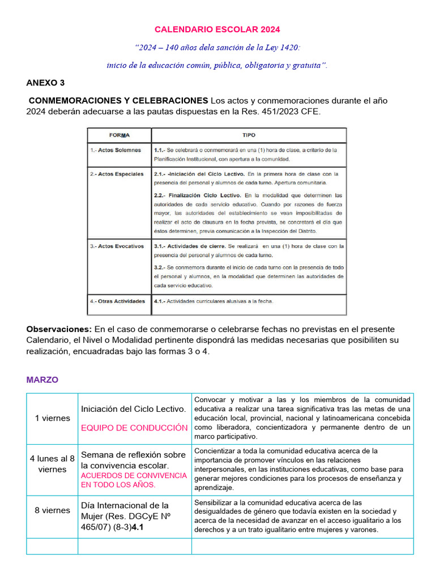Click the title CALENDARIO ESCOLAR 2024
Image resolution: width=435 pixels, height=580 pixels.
(x=217, y=29)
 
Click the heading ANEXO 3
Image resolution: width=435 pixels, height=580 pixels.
(x=45, y=83)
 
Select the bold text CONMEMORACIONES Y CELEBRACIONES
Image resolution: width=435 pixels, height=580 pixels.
(x=118, y=100)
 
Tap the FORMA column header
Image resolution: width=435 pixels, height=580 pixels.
(x=119, y=135)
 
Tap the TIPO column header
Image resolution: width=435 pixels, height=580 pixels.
(x=249, y=135)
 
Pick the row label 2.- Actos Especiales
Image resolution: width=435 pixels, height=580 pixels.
(x=117, y=174)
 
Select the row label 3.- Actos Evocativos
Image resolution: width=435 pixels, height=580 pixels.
(x=117, y=246)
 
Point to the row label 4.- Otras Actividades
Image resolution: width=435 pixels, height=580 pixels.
(x=117, y=301)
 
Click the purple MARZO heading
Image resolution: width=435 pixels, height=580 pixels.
(x=42, y=379)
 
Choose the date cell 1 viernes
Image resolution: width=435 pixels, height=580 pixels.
(x=52, y=418)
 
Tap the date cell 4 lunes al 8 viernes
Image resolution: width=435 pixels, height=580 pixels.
(x=52, y=464)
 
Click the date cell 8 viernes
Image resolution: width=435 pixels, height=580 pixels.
(x=52, y=510)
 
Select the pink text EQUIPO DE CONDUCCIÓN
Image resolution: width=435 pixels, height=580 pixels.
(x=134, y=428)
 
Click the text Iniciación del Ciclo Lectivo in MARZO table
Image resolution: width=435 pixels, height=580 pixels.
(x=133, y=408)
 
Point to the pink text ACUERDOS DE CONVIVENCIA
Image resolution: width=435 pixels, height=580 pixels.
(x=134, y=476)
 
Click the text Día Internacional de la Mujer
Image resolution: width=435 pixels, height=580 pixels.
(x=125, y=505)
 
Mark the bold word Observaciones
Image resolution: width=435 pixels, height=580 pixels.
(x=59, y=329)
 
